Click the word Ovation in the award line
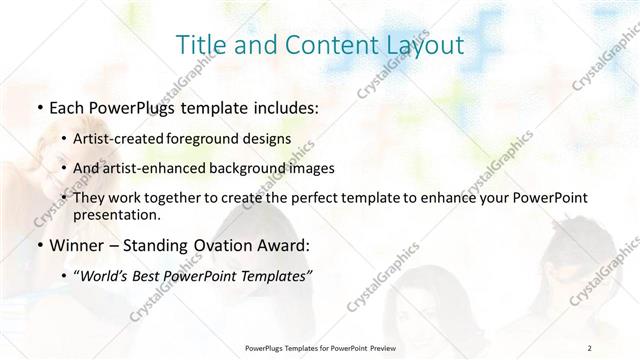coord(223,245)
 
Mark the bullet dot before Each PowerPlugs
coord(39,108)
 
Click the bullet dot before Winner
coord(39,245)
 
